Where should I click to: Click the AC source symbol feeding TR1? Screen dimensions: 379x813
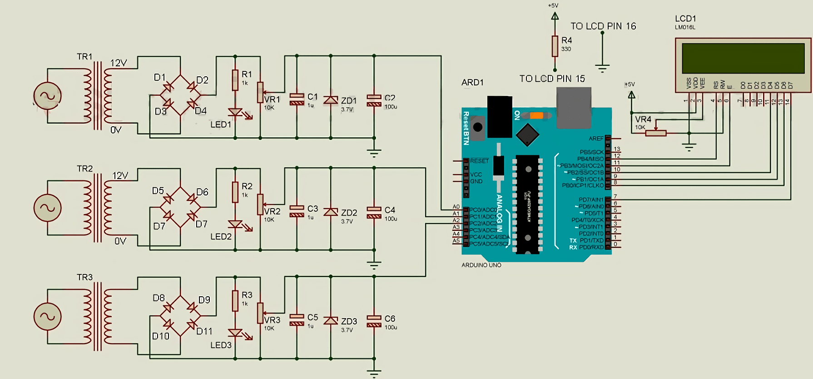(x=47, y=96)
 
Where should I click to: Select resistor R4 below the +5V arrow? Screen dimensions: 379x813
(x=555, y=46)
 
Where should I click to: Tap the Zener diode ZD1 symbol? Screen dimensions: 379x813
(x=331, y=100)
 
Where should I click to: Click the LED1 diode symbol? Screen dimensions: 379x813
(x=235, y=112)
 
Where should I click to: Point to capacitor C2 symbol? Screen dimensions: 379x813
(x=374, y=100)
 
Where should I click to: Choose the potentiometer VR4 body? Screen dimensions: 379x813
(x=655, y=133)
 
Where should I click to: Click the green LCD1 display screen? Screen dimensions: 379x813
(x=743, y=59)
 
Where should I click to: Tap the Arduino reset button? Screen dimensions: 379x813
(x=477, y=127)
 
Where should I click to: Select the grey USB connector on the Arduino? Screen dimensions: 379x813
(x=574, y=107)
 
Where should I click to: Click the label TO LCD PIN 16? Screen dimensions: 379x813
(x=603, y=26)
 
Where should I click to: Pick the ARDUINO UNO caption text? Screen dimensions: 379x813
(x=481, y=265)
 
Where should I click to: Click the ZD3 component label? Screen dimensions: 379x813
(x=349, y=321)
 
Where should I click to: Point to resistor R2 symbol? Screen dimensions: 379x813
(x=235, y=192)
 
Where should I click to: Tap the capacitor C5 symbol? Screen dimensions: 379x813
(x=297, y=320)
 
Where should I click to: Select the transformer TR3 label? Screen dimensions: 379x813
(x=84, y=277)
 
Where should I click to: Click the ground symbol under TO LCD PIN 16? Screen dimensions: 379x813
(x=602, y=69)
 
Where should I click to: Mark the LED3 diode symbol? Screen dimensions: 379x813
(x=235, y=333)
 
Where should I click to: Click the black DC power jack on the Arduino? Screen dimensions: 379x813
(x=500, y=116)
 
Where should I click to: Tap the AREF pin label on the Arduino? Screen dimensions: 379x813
(x=596, y=139)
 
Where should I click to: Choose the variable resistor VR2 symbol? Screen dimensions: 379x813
(x=260, y=204)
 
